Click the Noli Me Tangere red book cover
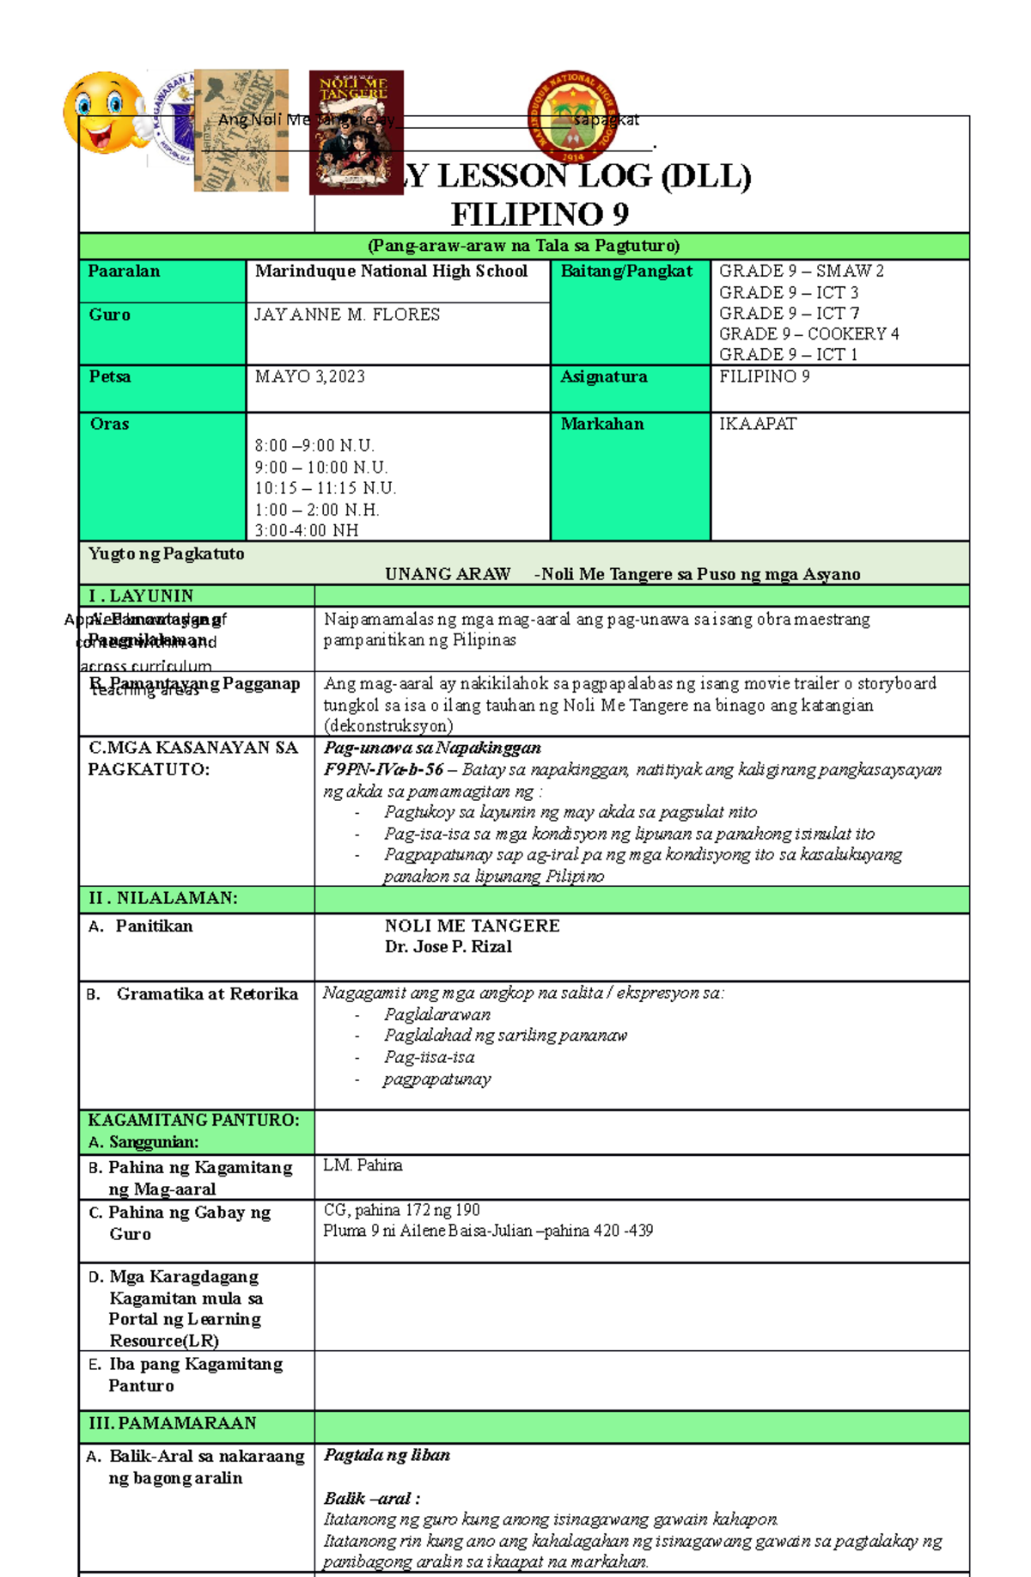[356, 131]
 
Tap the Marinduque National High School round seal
[572, 116]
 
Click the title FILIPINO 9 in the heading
[540, 214]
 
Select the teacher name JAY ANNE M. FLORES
[347, 315]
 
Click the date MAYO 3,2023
[309, 376]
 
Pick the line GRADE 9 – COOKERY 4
[808, 333]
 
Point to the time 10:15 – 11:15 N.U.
[325, 488]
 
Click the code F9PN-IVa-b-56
[383, 769]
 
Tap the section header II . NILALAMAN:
[163, 898]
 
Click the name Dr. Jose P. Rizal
[448, 946]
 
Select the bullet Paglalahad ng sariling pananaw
[505, 1036]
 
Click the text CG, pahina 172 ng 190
[401, 1210]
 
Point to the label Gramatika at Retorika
[206, 993]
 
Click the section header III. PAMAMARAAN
[172, 1423]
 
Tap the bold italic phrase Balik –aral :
[371, 1499]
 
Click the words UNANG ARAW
[447, 574]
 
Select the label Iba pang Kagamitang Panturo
[194, 1375]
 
